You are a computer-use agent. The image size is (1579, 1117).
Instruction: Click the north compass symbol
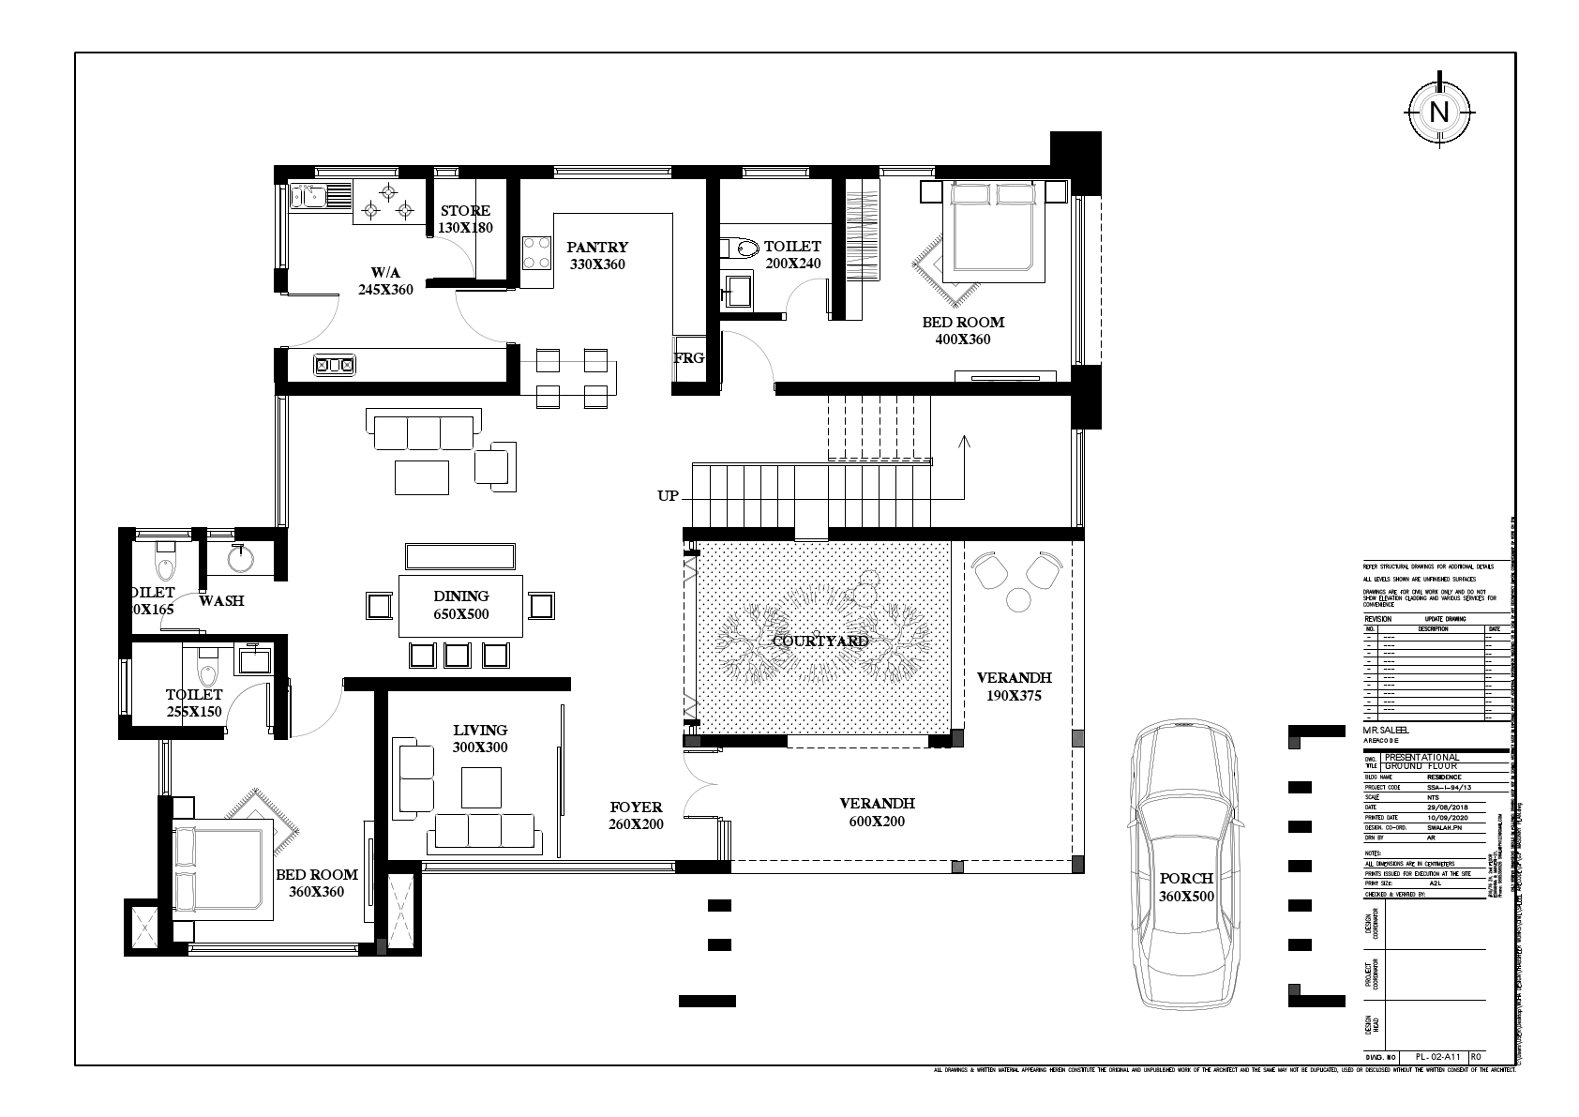coord(1438,113)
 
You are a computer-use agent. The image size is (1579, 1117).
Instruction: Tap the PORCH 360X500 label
coord(1185,887)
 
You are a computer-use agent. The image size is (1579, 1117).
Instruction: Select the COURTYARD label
coord(820,641)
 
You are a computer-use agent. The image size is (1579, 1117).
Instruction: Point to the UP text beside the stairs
coord(668,496)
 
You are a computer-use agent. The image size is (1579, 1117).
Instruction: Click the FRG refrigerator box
coord(688,359)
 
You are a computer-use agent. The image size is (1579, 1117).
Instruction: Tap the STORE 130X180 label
coord(466,219)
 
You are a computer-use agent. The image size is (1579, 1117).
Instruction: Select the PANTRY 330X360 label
coord(597,255)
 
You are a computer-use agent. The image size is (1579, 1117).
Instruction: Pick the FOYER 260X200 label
coord(636,815)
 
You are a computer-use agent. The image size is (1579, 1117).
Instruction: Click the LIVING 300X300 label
coord(480,738)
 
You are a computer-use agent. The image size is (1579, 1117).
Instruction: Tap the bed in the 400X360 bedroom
coord(992,229)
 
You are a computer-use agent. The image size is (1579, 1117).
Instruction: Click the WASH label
coord(221,600)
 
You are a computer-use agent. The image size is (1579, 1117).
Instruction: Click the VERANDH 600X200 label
coord(877,812)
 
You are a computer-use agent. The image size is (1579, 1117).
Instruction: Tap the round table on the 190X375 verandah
coord(1017,598)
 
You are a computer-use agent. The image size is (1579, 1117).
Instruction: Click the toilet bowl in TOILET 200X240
coord(744,249)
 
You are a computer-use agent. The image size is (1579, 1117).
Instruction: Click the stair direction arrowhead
coord(965,439)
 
